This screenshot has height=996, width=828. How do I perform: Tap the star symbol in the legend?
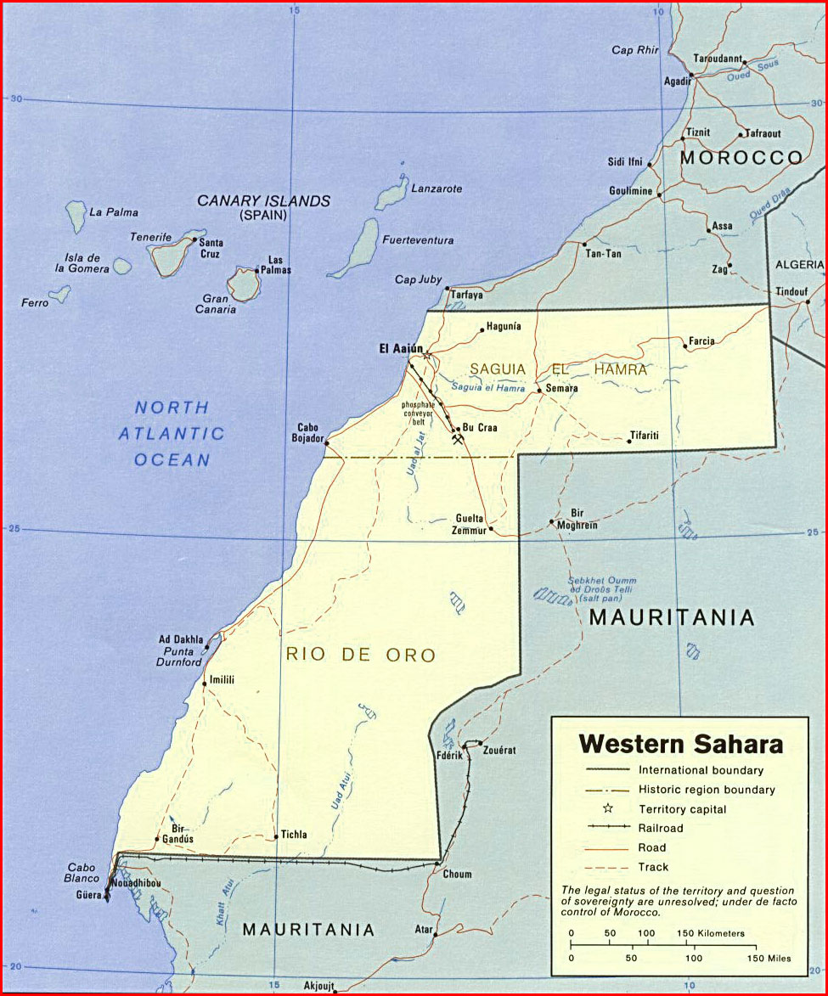607,807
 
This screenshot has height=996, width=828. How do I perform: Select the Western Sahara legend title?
680,745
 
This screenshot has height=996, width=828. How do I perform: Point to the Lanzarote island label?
437,189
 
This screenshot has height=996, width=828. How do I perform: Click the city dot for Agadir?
691,75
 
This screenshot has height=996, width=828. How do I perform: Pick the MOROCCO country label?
741,157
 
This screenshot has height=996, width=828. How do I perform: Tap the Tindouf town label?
791,291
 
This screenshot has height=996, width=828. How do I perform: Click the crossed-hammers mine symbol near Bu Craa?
458,441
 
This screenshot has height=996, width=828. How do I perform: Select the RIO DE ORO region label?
360,655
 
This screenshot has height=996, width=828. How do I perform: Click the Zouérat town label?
499,751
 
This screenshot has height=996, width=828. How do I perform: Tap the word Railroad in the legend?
661,827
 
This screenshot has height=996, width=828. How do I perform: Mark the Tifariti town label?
644,436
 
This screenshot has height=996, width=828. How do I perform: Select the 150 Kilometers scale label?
710,933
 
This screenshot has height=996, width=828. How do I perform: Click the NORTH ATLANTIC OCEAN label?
172,433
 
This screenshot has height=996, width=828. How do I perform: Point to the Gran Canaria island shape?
245,284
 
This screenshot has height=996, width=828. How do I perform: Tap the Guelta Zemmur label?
470,524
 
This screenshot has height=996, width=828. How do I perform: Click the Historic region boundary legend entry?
707,790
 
